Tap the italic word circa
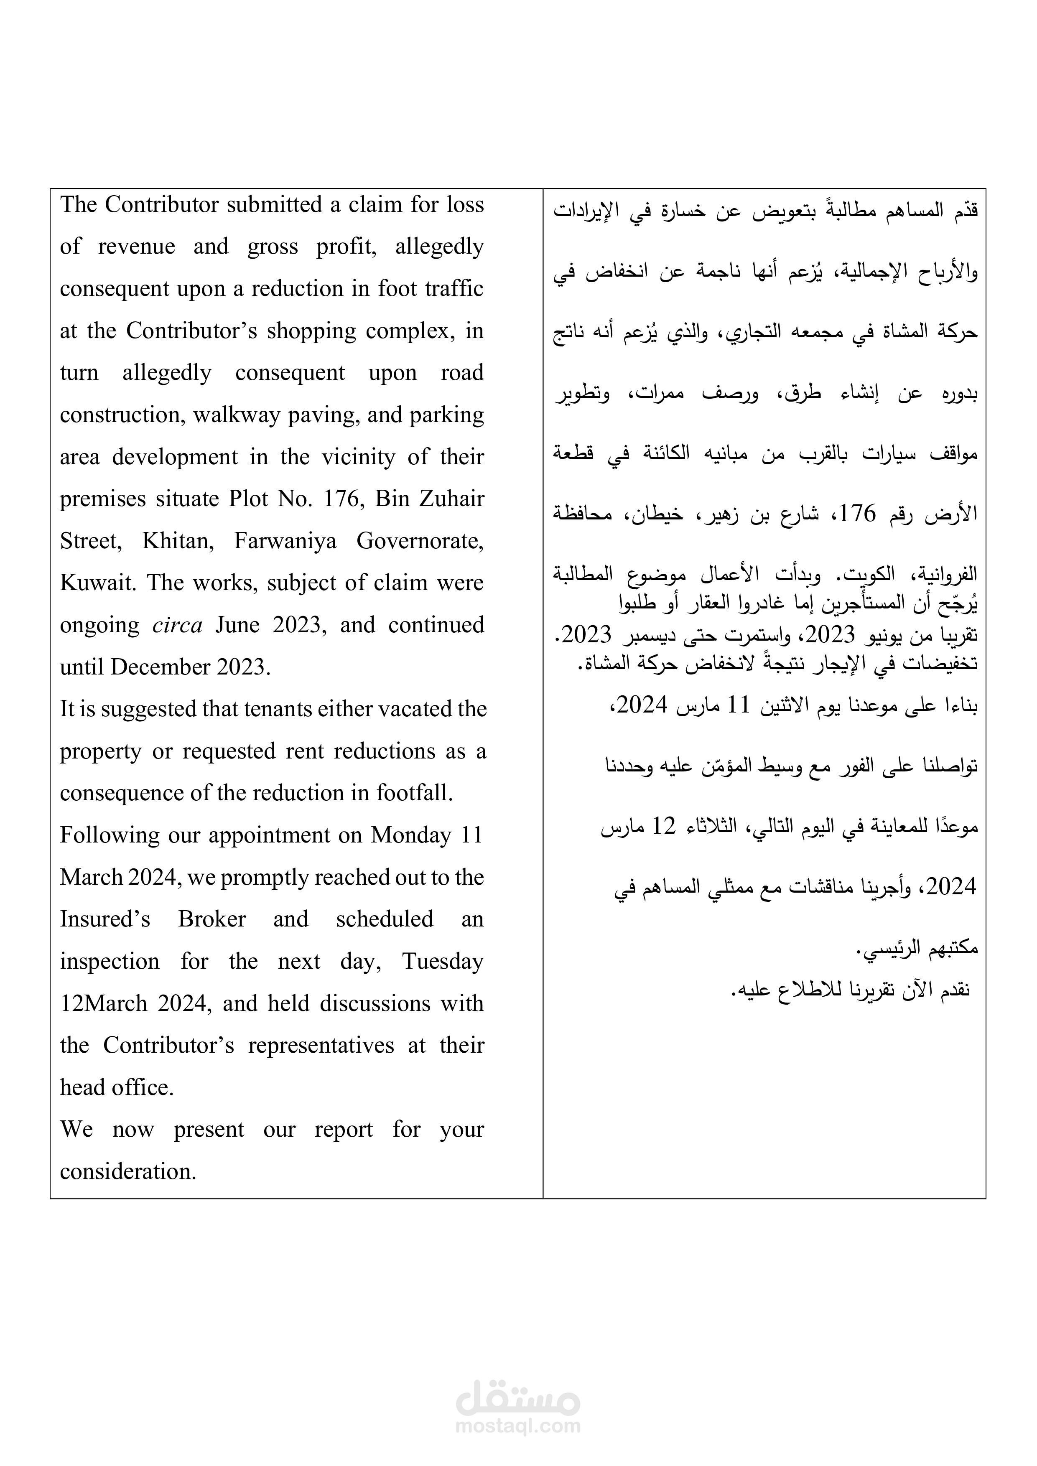click(x=177, y=624)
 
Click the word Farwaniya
click(x=285, y=541)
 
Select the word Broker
click(x=211, y=919)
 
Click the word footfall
click(x=414, y=793)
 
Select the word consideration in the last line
click(x=128, y=1172)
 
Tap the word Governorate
click(x=420, y=541)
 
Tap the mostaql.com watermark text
click(x=518, y=1426)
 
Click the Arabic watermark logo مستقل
click(x=518, y=1398)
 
